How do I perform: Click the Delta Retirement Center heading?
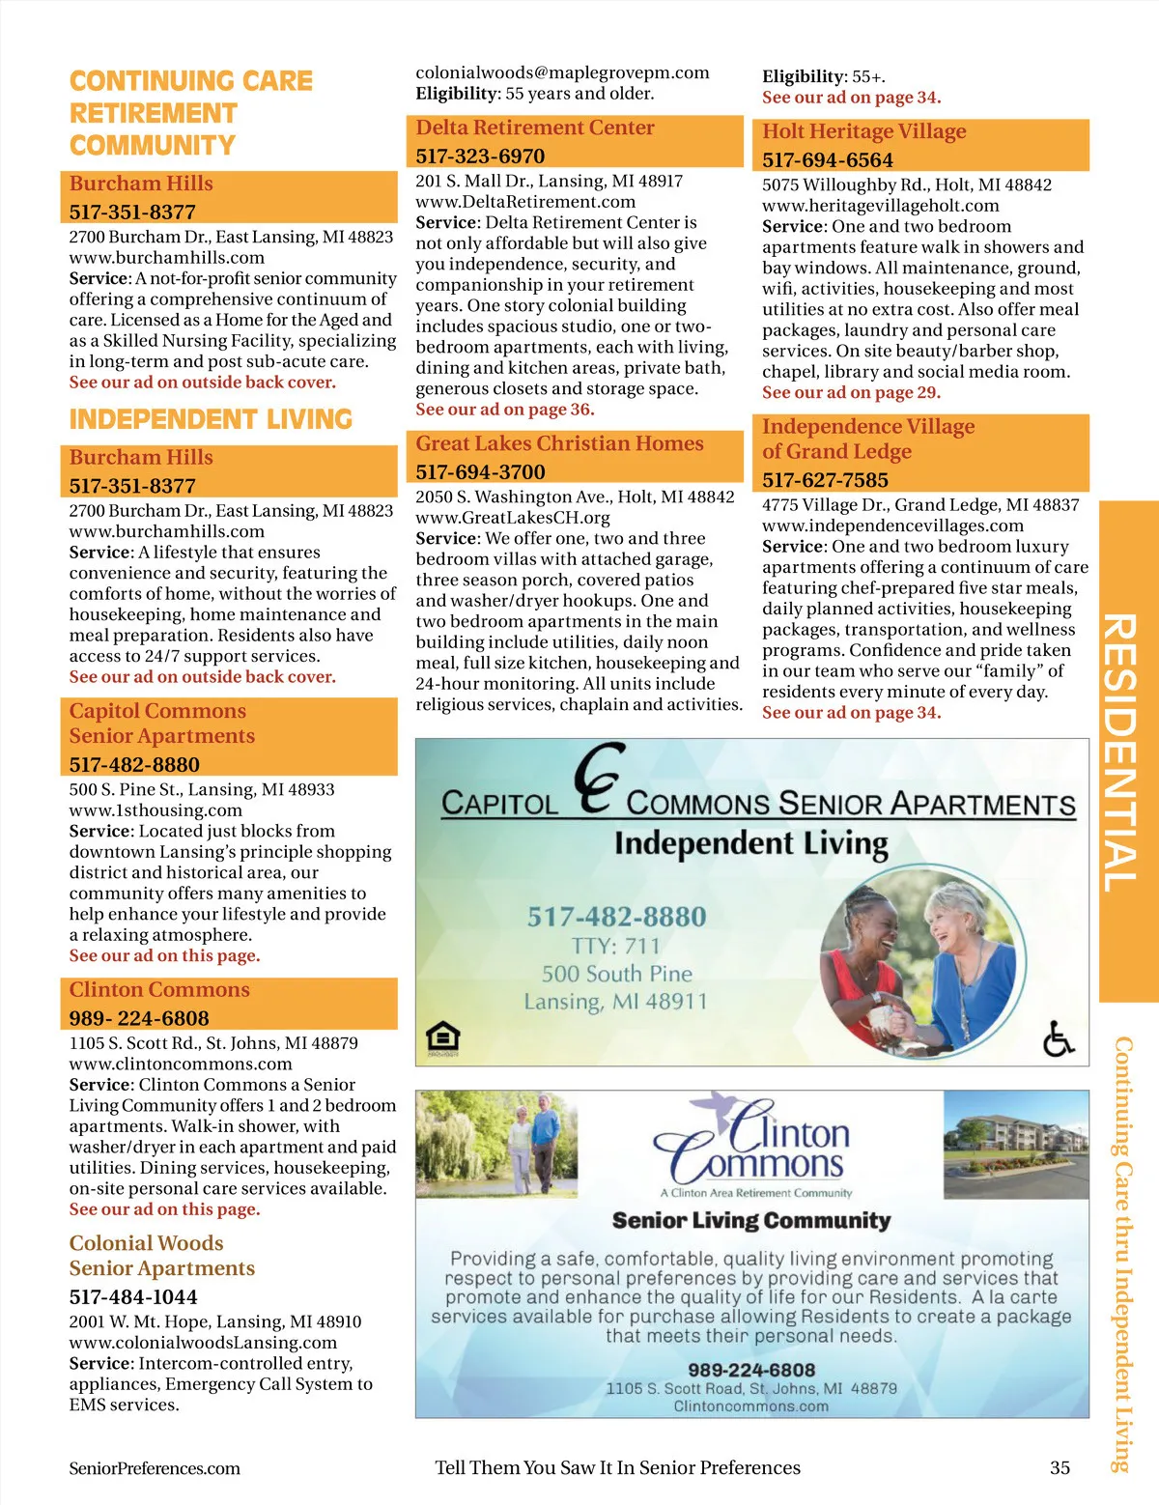point(535,128)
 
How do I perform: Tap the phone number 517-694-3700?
point(480,471)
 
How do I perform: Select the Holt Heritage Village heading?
point(863,131)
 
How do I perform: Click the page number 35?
point(1060,1467)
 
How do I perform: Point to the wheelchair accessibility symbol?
point(1059,1039)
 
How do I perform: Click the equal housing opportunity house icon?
point(443,1038)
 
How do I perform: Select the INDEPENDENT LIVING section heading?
point(211,419)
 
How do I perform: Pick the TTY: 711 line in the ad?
point(616,946)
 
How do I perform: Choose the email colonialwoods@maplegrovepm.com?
point(562,72)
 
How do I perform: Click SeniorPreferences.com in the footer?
point(155,1468)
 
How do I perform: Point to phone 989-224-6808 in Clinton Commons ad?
point(751,1370)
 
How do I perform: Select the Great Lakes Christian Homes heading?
point(559,443)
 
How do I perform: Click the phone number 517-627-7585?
point(825,480)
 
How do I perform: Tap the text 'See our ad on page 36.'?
point(504,410)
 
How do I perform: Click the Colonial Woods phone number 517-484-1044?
point(132,1296)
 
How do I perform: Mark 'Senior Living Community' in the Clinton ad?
point(751,1220)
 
